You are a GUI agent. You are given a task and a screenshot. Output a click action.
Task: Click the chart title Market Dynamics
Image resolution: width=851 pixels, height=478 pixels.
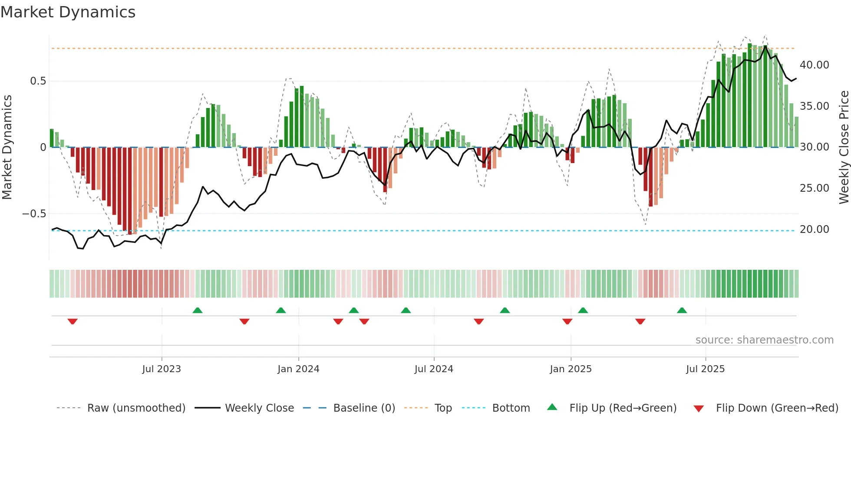point(68,12)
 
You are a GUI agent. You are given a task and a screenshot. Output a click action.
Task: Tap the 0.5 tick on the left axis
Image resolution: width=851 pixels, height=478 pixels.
point(38,81)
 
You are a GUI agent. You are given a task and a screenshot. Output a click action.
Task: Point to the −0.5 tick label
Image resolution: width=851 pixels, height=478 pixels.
point(34,214)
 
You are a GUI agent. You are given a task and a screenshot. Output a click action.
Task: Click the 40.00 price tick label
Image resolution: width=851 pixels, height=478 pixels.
point(814,65)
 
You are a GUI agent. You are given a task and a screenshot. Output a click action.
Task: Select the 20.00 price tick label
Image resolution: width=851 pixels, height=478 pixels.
point(814,229)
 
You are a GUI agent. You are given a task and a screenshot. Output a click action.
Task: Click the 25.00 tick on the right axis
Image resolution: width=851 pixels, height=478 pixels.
point(814,188)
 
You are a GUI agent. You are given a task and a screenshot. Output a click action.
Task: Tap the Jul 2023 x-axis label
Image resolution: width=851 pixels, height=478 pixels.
point(162,369)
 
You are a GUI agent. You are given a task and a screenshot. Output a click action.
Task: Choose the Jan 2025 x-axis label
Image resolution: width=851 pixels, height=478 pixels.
point(571,369)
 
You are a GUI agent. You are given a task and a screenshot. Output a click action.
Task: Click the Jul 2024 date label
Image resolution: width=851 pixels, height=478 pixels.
point(434,369)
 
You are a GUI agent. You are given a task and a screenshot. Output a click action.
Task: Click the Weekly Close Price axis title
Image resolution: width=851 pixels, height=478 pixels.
point(844,147)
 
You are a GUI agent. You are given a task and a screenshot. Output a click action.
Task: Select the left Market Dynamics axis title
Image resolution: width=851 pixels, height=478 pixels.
point(7,147)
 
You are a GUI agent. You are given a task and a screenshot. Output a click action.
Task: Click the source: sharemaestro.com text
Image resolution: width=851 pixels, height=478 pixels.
point(764,340)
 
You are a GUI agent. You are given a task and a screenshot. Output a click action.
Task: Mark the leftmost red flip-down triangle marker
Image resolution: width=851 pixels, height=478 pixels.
point(73,321)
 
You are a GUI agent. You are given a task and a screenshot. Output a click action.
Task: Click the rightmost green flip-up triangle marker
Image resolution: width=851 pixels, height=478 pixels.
point(682,310)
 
